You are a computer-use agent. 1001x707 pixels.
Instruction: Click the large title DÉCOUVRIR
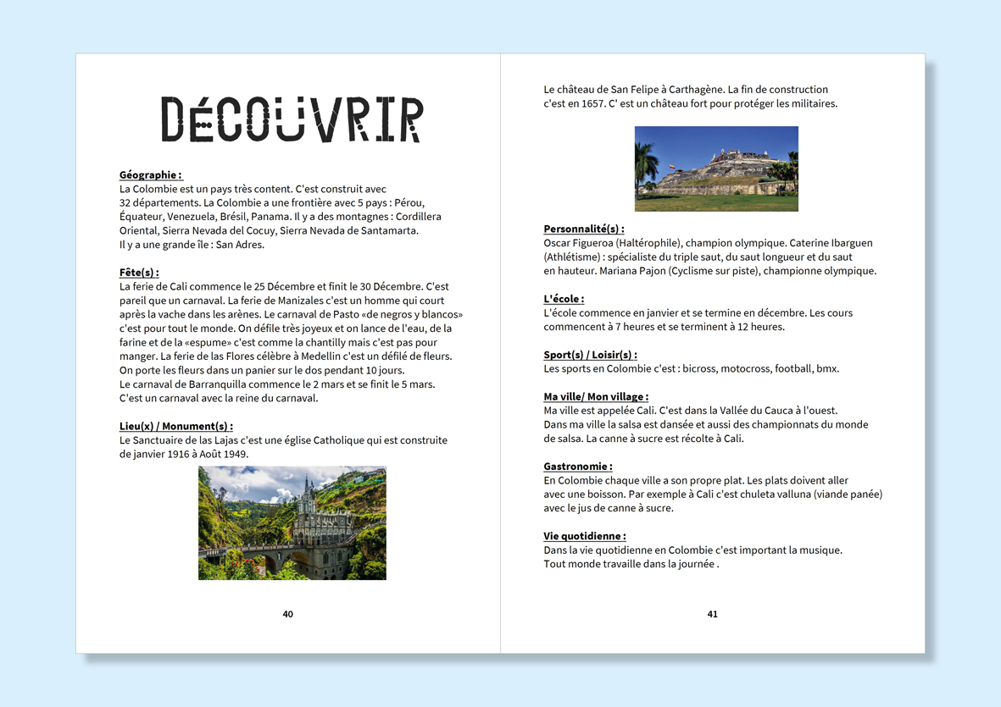[x=292, y=119]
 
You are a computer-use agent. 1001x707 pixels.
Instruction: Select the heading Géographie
[x=150, y=175]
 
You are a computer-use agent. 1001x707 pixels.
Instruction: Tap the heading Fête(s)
[x=139, y=273]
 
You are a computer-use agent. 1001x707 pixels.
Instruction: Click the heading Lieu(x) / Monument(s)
[x=175, y=426]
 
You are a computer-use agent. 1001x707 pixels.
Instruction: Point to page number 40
[x=287, y=614]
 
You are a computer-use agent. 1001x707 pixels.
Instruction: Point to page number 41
[x=712, y=614]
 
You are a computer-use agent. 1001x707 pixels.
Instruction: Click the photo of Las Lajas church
[x=292, y=522]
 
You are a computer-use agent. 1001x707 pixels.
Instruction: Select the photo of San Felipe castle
[x=716, y=168]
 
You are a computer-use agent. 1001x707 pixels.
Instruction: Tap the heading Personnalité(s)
[x=583, y=229]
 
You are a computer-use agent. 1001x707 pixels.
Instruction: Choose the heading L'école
[x=564, y=299]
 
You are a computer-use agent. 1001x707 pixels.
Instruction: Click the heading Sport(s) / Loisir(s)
[x=590, y=355]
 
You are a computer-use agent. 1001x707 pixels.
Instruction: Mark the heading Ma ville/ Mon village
[x=595, y=396]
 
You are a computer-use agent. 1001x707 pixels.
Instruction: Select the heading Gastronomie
[x=577, y=467]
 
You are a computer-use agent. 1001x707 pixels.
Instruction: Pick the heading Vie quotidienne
[x=584, y=536]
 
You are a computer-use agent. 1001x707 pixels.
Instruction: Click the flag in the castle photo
[x=671, y=167]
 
